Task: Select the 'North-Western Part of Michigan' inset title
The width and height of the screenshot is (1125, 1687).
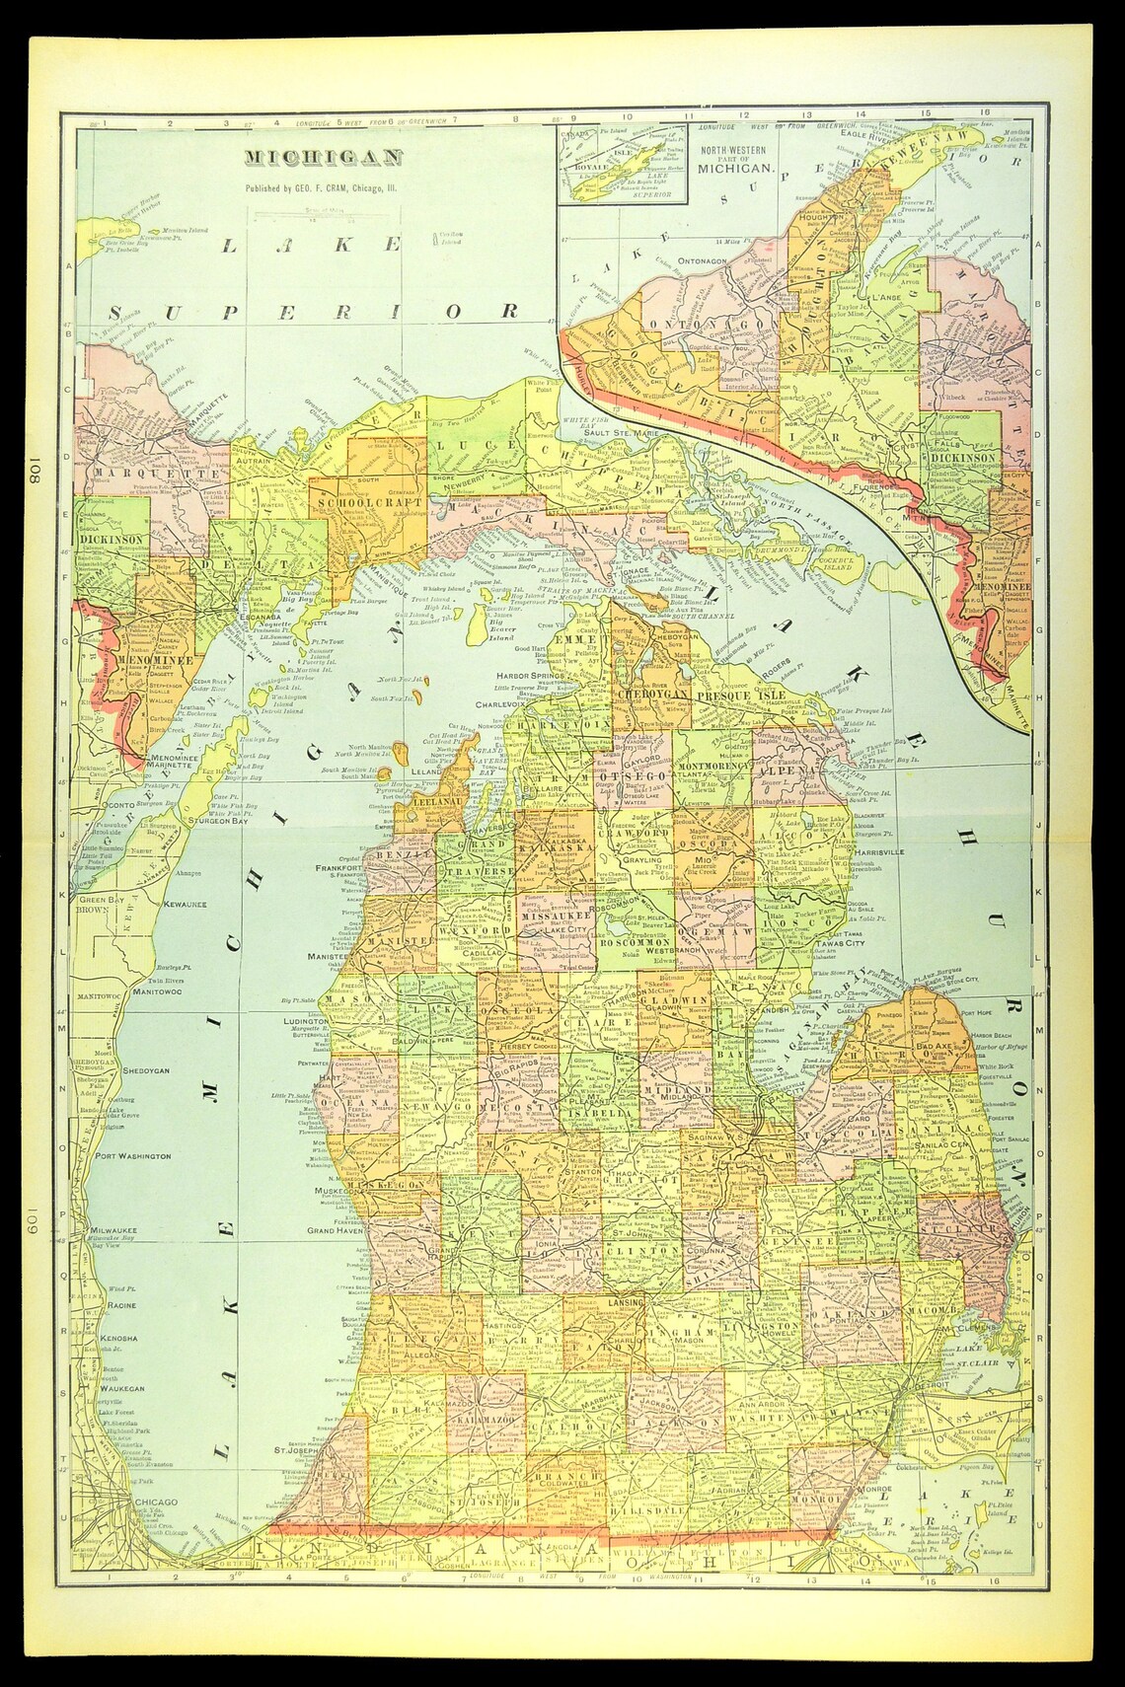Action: (x=734, y=159)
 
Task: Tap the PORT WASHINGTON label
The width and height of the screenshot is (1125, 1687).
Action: (x=124, y=1155)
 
